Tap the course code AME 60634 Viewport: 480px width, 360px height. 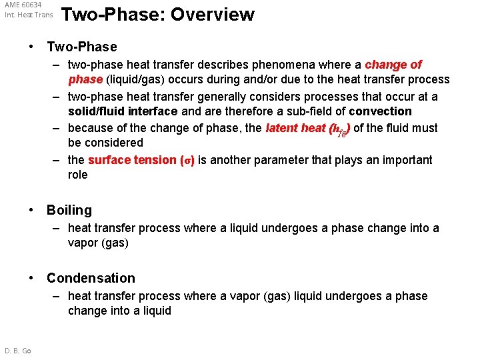(23, 5)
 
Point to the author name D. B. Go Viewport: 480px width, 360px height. (18, 351)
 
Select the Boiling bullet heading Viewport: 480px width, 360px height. (69, 210)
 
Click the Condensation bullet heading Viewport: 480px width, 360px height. (91, 278)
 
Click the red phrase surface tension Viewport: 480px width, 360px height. (132, 160)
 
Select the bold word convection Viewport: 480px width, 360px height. (380, 111)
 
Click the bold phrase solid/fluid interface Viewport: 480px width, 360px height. (123, 111)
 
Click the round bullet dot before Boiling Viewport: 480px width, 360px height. (31, 210)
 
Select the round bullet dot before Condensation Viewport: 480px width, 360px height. (31, 278)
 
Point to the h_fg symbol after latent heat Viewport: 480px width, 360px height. (339, 129)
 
